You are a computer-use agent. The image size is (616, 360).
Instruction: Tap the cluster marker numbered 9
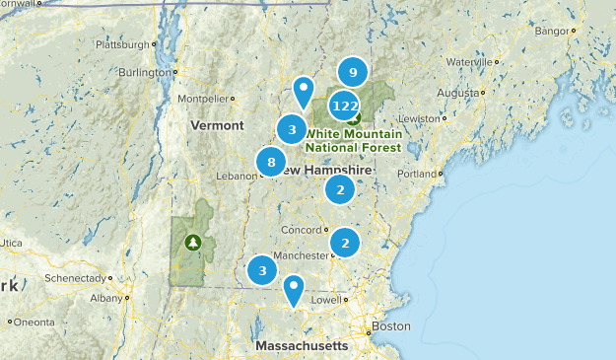click(x=352, y=72)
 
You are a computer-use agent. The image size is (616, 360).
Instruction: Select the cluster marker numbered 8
click(x=271, y=162)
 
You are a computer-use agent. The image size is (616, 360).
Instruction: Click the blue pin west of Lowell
click(x=293, y=289)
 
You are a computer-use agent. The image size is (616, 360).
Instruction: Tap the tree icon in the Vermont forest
click(x=192, y=242)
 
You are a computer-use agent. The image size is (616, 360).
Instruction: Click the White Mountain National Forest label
click(x=353, y=140)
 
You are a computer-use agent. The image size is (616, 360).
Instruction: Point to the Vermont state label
click(x=217, y=126)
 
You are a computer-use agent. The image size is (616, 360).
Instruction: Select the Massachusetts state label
click(x=301, y=346)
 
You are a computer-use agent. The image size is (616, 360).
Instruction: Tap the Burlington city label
click(x=144, y=72)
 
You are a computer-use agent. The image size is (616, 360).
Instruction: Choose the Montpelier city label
click(x=202, y=99)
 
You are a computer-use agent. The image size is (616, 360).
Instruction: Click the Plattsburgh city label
click(x=123, y=44)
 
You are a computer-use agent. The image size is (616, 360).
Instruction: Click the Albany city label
click(x=104, y=297)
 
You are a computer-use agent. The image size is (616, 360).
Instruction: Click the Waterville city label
click(x=467, y=61)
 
